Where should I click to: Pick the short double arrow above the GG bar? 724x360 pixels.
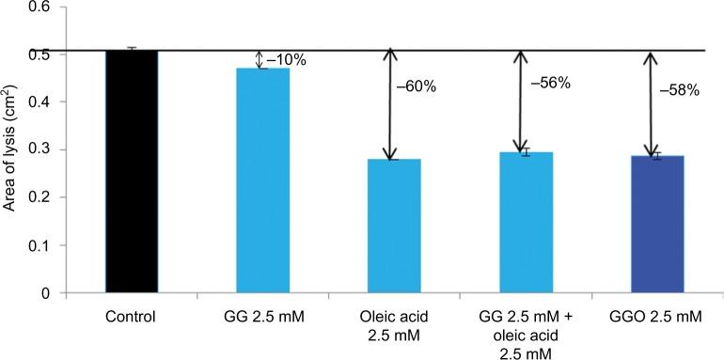pyautogui.click(x=261, y=59)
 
